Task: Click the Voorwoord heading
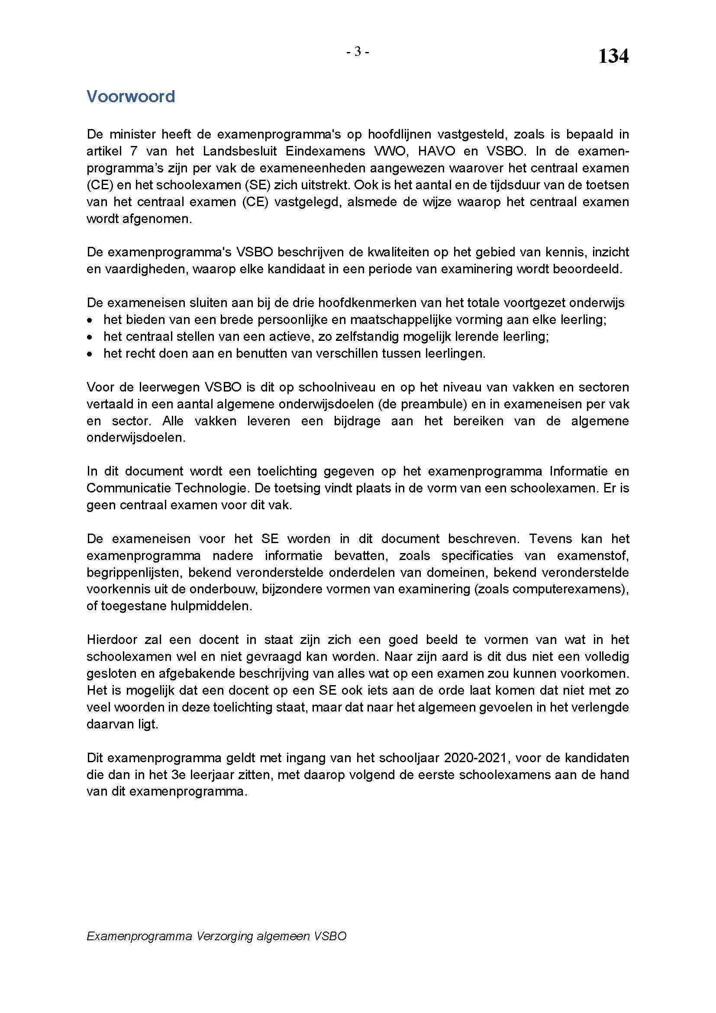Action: coord(130,97)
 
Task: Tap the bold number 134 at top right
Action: coord(613,57)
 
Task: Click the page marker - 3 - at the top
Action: coord(358,52)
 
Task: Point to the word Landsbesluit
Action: coord(240,151)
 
